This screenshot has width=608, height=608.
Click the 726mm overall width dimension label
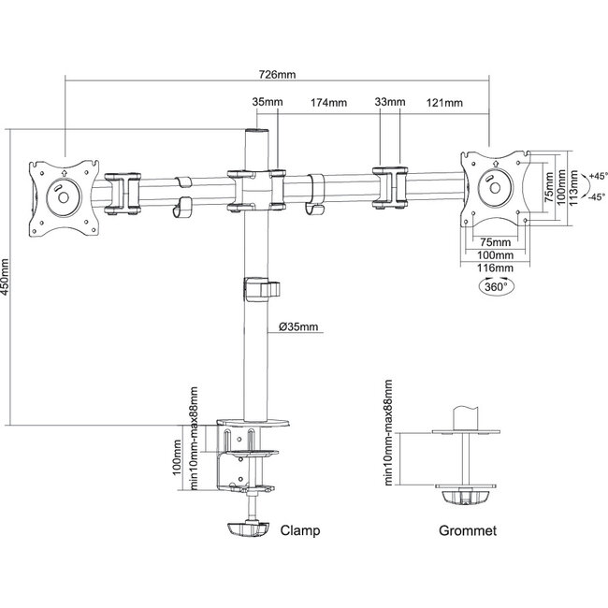[277, 75]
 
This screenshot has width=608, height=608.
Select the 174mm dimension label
[329, 103]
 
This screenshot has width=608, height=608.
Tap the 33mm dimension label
[390, 102]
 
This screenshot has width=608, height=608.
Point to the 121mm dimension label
[444, 103]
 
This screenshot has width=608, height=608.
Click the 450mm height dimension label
[5, 277]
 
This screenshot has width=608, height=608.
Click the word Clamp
[300, 530]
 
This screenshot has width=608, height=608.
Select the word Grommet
[468, 530]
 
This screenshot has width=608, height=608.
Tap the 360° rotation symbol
[497, 287]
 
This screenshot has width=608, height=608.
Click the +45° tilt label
[598, 176]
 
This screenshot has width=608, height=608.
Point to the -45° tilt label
[598, 197]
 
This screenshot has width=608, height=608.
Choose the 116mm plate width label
[495, 268]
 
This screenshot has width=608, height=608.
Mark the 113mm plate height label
[574, 188]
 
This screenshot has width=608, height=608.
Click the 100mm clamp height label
[177, 457]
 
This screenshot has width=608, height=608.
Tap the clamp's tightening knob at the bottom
[248, 528]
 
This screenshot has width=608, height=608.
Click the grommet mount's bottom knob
[466, 498]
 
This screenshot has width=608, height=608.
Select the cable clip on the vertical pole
[261, 289]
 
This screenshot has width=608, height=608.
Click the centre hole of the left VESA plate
[64, 197]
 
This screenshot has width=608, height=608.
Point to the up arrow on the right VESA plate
[496, 164]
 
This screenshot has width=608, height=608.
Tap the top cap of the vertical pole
[256, 132]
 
